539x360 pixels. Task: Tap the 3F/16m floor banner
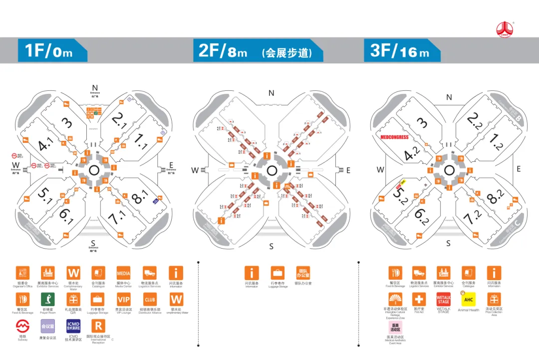[402, 50]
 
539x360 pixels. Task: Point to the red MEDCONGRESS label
[395, 137]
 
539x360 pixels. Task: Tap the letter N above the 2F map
[271, 93]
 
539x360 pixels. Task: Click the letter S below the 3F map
[448, 243]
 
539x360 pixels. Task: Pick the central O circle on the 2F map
[271, 170]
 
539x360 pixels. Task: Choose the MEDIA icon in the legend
[123, 273]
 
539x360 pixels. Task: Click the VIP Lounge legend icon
[123, 300]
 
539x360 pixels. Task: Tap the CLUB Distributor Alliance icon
[150, 300]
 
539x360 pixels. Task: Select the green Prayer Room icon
[48, 300]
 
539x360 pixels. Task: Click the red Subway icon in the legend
[22, 327]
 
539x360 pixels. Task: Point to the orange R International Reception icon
[98, 327]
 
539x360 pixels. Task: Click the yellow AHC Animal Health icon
[468, 299]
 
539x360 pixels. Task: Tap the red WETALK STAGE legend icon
[443, 299]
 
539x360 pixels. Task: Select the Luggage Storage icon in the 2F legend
[277, 273]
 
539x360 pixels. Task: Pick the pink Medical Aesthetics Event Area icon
[395, 327]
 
